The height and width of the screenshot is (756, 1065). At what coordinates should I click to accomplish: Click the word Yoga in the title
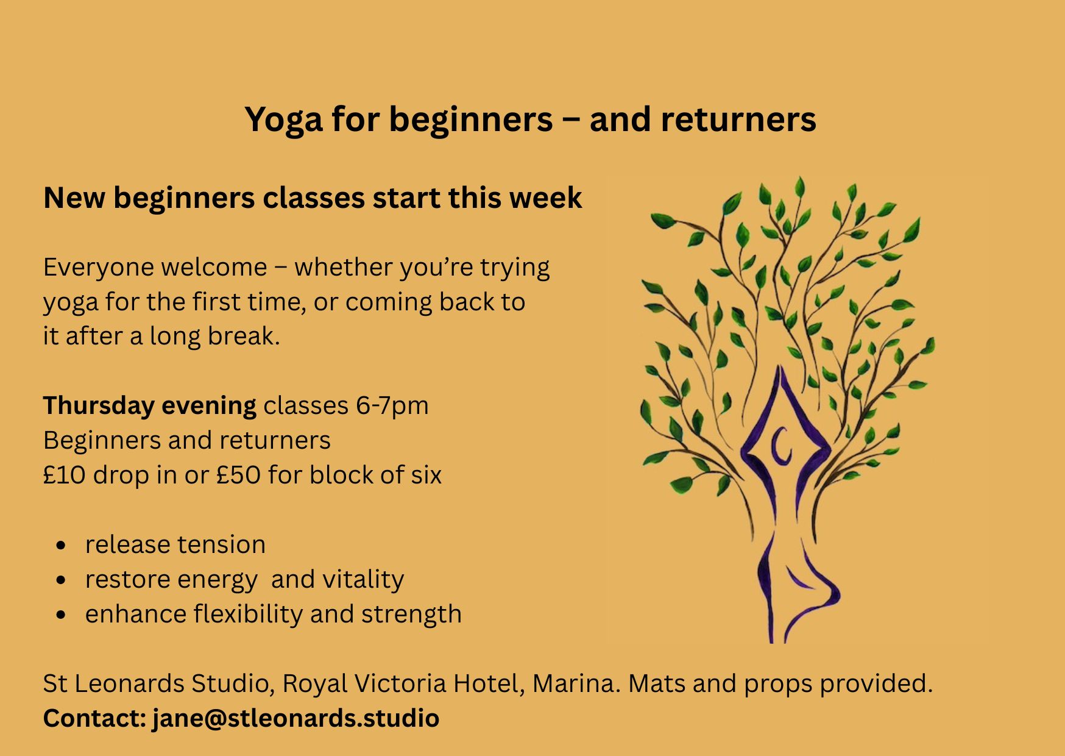click(283, 120)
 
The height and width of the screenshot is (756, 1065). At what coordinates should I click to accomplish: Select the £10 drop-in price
click(64, 476)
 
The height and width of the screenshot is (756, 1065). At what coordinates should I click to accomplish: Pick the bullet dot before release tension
click(60, 545)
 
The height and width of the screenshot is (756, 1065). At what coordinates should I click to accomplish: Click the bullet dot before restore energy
click(60, 580)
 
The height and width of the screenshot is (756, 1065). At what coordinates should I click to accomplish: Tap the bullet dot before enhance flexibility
click(60, 615)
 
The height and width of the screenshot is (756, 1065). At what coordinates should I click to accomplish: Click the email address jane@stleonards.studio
click(295, 719)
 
